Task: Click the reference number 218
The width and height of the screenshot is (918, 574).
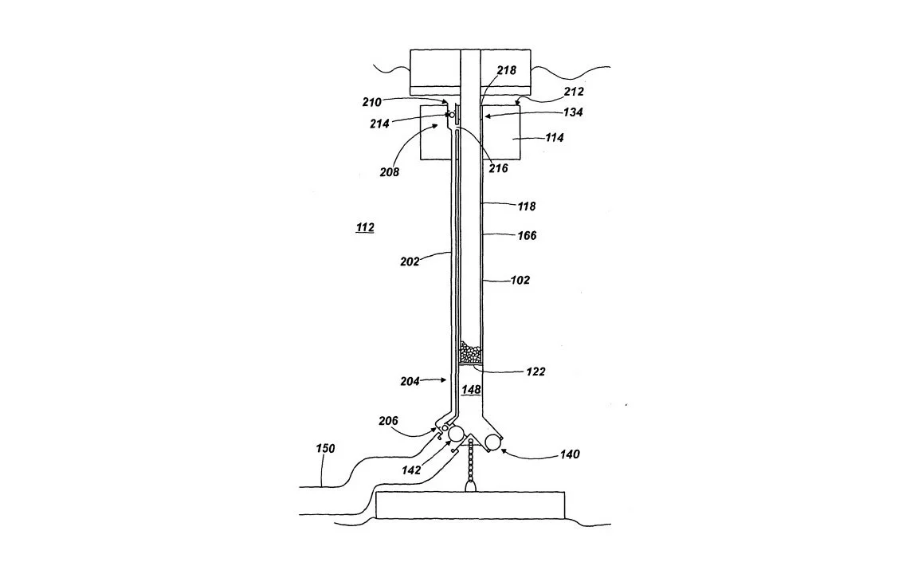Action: (x=507, y=70)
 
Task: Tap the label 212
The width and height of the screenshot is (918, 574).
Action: (x=574, y=92)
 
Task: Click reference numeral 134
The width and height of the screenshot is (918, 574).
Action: (x=572, y=112)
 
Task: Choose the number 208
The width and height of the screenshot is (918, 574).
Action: (x=390, y=171)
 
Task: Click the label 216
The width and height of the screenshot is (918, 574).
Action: (x=499, y=168)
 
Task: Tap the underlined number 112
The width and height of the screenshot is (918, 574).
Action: (x=365, y=228)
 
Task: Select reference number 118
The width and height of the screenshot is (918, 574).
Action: (x=527, y=206)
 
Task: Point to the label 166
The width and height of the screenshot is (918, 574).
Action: (x=527, y=235)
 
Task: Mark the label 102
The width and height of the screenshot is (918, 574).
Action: (x=520, y=280)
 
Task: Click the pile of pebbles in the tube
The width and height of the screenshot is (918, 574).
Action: (x=471, y=352)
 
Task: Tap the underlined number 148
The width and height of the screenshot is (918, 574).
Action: (x=472, y=390)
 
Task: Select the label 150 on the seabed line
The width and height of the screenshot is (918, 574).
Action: (x=325, y=449)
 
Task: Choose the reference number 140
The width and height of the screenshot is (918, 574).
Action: (x=570, y=454)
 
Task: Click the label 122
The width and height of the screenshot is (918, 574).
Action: (x=536, y=372)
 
